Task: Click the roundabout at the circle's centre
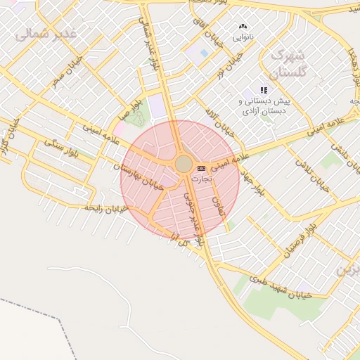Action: [184, 164]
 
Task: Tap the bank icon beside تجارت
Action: [202, 169]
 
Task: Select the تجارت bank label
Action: [201, 179]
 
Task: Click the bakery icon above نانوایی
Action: [243, 26]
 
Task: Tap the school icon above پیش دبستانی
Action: [264, 90]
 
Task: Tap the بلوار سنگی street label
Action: [60, 146]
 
